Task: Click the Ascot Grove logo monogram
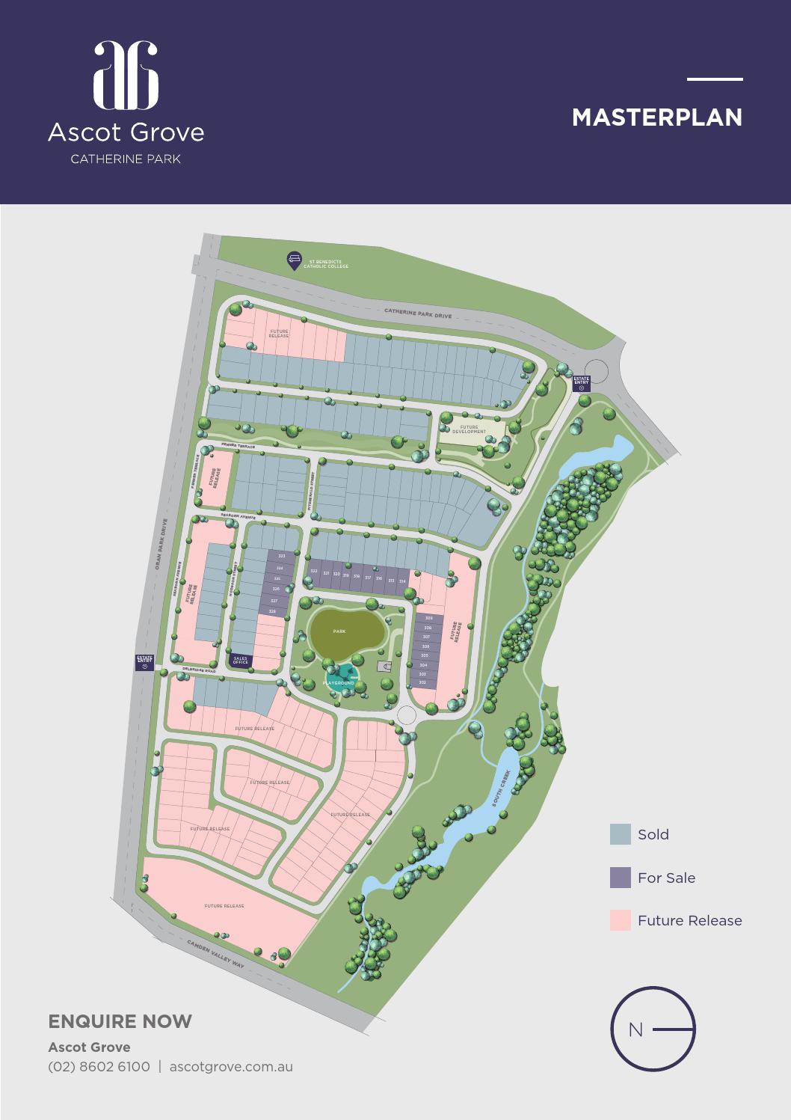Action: click(x=126, y=75)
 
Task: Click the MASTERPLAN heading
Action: click(x=656, y=117)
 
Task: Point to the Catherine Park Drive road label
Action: click(x=418, y=313)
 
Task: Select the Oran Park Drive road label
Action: click(x=158, y=545)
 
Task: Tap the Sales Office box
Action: click(x=241, y=661)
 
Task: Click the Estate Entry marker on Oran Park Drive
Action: click(x=144, y=662)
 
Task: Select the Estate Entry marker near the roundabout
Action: click(x=581, y=382)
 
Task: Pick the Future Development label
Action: click(x=470, y=429)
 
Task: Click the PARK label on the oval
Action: click(x=339, y=631)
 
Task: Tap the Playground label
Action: click(x=339, y=683)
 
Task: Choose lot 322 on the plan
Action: click(x=314, y=572)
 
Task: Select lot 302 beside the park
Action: click(x=422, y=683)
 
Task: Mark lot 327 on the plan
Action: click(x=274, y=601)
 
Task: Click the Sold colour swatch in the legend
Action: click(x=620, y=834)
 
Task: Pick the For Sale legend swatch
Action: click(x=620, y=878)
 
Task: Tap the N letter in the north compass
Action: click(x=635, y=1029)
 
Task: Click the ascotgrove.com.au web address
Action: click(x=231, y=1066)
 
